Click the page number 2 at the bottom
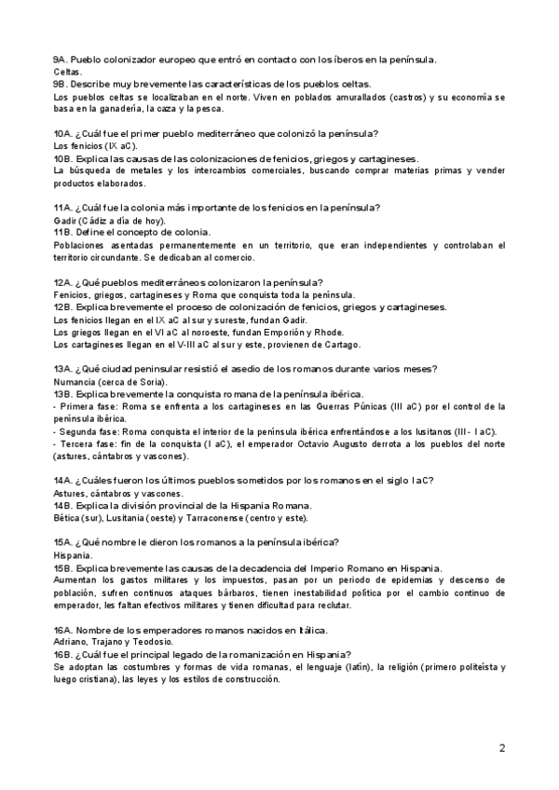click(x=502, y=748)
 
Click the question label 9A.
click(x=60, y=61)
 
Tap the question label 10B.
click(x=62, y=158)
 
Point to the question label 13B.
click(x=62, y=394)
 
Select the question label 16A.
click(x=62, y=631)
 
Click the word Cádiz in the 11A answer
click(x=96, y=221)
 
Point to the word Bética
click(x=68, y=518)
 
